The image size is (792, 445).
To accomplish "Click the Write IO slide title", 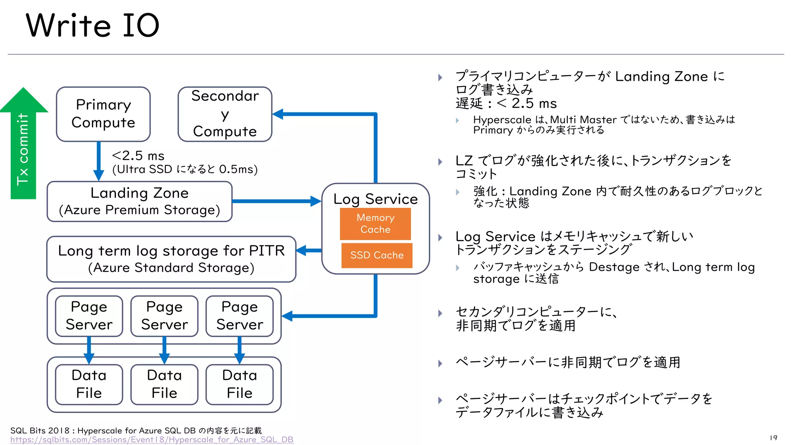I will click(92, 25).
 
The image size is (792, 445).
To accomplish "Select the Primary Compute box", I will click(103, 114).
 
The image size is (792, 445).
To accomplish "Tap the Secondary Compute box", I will click(225, 114).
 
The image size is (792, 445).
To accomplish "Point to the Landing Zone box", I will click(139, 201).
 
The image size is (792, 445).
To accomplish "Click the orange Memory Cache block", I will click(375, 224).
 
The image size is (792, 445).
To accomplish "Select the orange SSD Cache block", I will click(377, 255).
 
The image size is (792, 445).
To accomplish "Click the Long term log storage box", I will click(171, 259).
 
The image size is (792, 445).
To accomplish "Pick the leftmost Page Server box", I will click(89, 316).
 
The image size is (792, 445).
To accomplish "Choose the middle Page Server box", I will click(164, 316).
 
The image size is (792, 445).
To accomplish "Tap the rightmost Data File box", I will click(239, 384).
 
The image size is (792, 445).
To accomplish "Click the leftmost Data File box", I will click(89, 384).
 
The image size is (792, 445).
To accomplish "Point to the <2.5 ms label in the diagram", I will click(138, 156).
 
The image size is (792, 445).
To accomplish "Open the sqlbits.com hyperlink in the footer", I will click(152, 440).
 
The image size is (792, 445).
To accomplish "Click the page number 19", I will click(773, 438).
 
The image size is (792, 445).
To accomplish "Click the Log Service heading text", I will click(375, 199).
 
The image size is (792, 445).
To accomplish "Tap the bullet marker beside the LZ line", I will click(440, 162).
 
